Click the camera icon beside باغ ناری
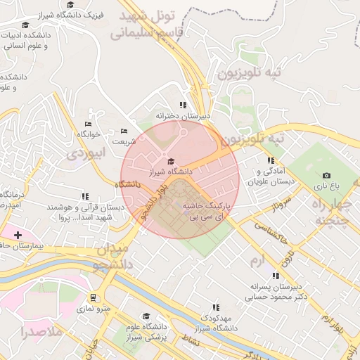326,175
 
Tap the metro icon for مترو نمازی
94,297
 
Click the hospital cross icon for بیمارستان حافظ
18,234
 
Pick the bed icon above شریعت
124,131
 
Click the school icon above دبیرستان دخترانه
183,105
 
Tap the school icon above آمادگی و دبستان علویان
271,160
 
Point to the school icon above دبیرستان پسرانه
272,276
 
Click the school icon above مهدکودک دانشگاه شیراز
216,307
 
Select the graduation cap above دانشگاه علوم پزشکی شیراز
146,316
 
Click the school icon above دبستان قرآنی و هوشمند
85,197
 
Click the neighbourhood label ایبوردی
84,152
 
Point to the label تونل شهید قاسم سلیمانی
150,24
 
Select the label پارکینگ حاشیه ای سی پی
206,212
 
